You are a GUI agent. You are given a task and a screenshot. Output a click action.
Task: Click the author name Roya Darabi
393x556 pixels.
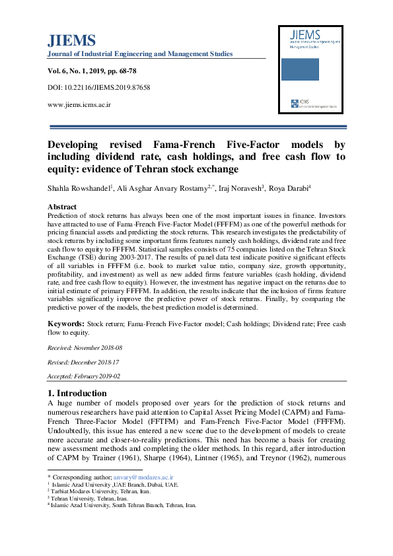coord(288,188)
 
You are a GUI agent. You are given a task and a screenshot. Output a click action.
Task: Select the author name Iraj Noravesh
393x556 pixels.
coord(241,188)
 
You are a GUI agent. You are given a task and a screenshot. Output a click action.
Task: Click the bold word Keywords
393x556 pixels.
coord(65,324)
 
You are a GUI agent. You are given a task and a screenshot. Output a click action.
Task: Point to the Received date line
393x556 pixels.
coord(85,347)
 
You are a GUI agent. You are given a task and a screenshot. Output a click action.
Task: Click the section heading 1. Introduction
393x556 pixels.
coord(77,394)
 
